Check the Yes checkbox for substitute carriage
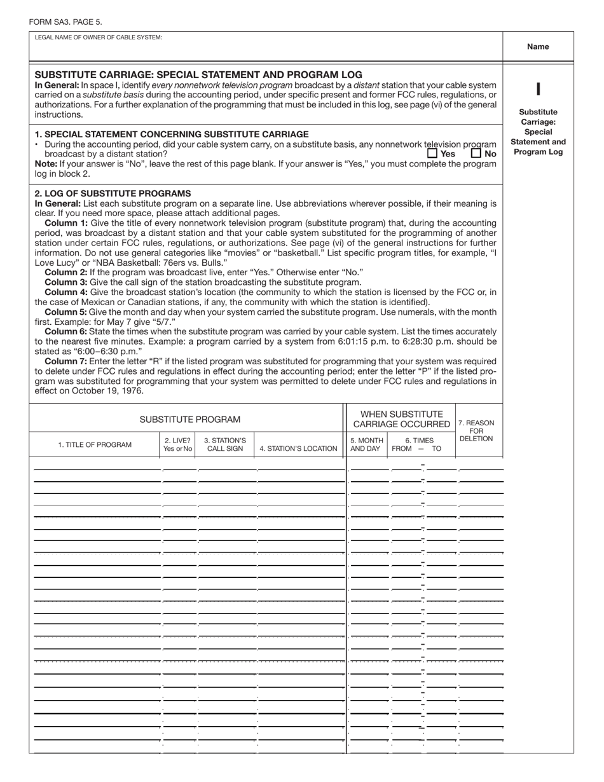point(432,153)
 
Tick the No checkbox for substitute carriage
point(476,153)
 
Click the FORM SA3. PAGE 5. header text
point(65,22)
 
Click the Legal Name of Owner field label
point(99,38)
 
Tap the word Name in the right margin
point(538,46)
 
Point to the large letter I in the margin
point(538,90)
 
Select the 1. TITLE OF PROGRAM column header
point(95,444)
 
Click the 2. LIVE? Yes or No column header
point(177,444)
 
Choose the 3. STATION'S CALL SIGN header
point(225,444)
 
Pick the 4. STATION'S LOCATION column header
point(298,448)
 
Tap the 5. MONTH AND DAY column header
point(367,444)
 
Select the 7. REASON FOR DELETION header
point(476,430)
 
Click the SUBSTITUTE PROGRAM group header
point(190,420)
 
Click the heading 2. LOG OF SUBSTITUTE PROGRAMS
point(112,193)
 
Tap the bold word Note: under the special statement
point(46,163)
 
